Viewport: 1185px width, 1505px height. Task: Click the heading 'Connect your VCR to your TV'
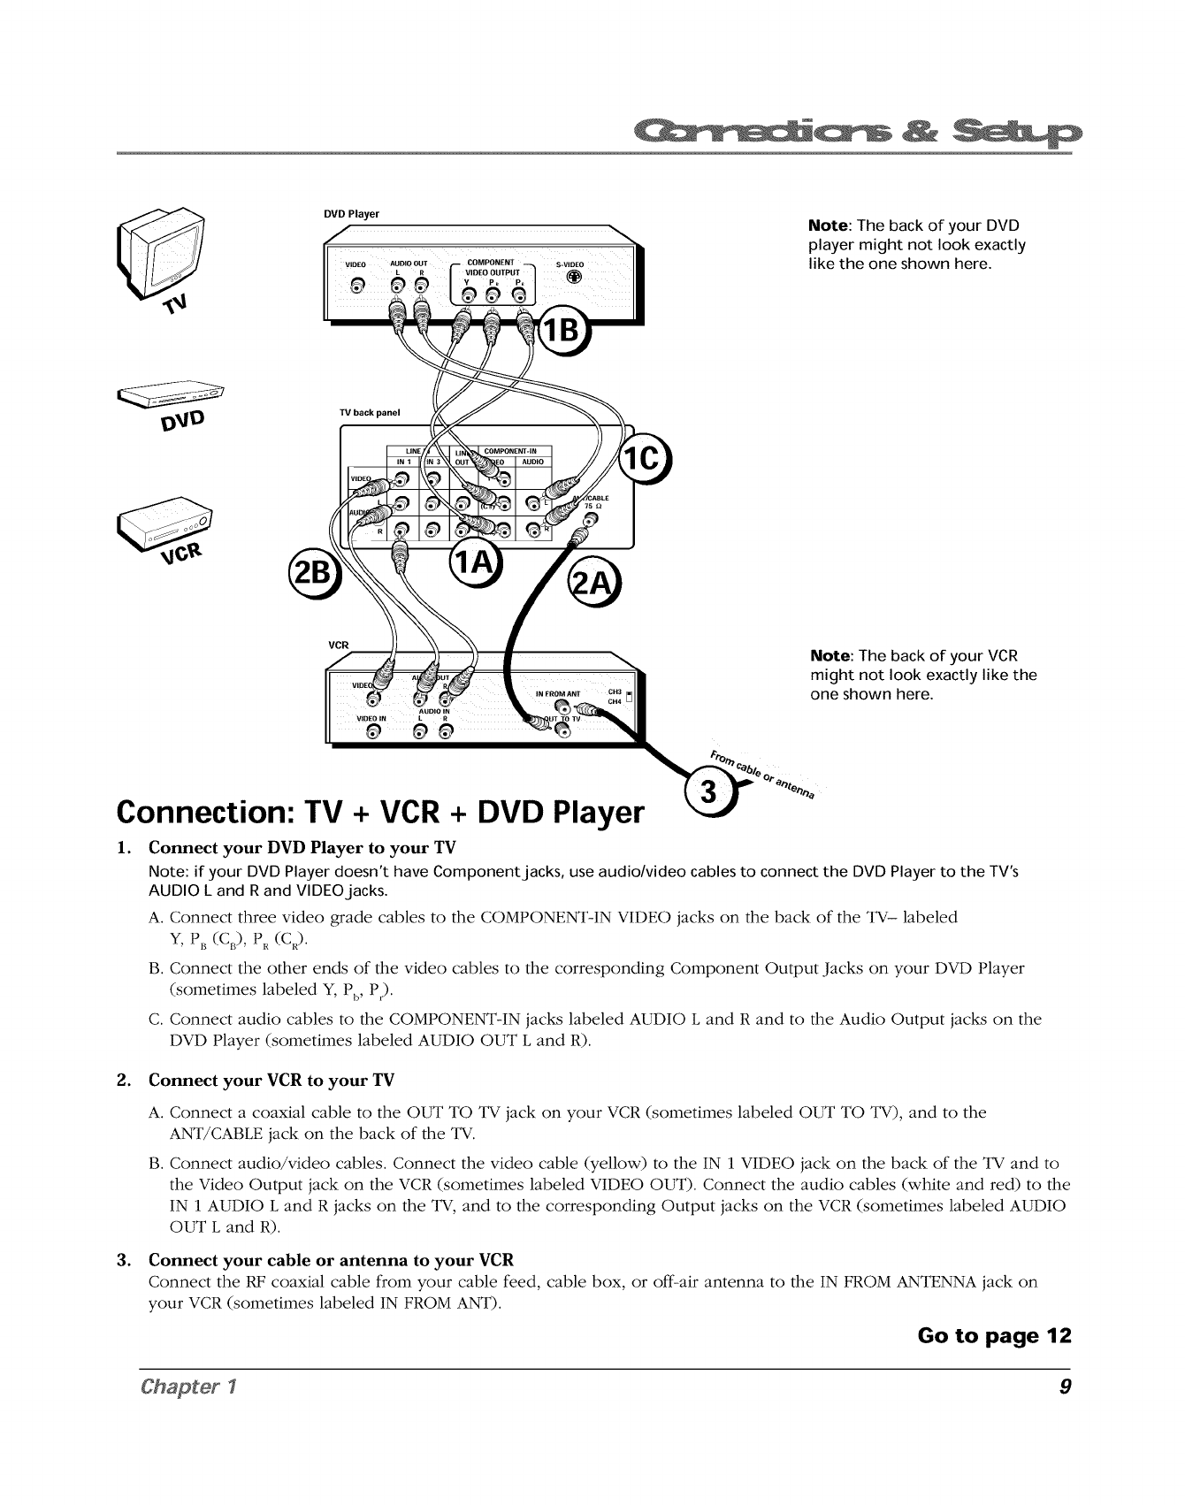tap(271, 1081)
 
